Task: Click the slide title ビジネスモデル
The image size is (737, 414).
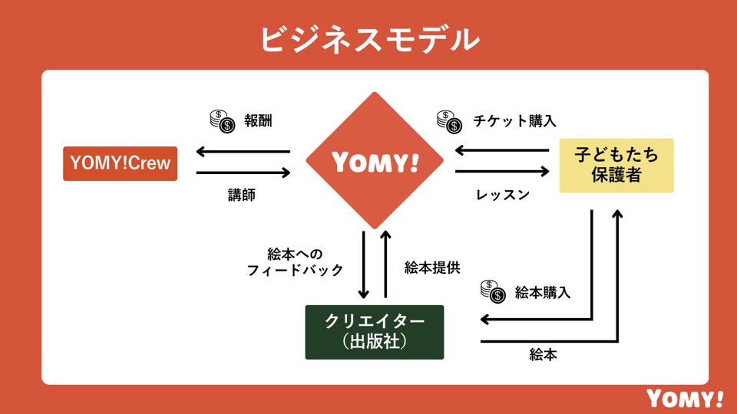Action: point(368,38)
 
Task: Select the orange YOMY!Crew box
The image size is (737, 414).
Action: point(120,163)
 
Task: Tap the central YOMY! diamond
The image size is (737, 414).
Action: point(375,161)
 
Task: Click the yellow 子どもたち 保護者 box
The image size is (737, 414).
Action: point(616,165)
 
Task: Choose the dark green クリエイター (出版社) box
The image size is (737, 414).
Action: point(375,331)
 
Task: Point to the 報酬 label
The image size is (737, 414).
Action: point(259,120)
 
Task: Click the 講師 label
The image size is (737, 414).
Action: point(242,195)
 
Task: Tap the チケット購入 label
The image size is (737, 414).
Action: point(514,120)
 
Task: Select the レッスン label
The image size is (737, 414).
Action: point(503,195)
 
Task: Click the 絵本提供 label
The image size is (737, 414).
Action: point(432,268)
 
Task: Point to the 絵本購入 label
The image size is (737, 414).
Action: point(543,292)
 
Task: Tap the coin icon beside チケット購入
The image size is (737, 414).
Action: point(449,120)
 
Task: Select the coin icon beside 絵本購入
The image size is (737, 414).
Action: point(492,291)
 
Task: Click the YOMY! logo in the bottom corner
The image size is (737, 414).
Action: point(685,398)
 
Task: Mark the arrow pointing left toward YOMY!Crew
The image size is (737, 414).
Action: point(243,151)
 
